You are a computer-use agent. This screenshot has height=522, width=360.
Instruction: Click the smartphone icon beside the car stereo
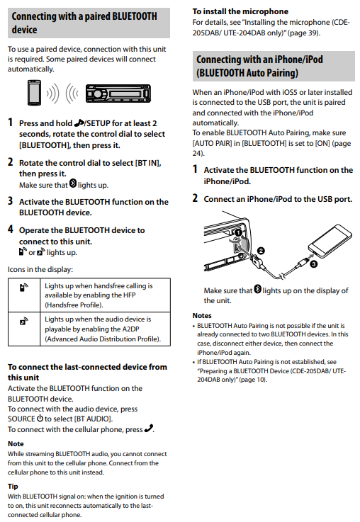click(34, 93)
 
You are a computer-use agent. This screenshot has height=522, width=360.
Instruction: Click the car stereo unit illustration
click(118, 93)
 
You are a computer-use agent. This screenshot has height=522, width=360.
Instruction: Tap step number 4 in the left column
click(11, 229)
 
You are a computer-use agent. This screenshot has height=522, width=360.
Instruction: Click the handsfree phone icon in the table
click(23, 287)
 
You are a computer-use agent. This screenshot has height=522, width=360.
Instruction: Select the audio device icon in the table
click(23, 321)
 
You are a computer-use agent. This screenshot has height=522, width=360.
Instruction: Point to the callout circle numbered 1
click(238, 232)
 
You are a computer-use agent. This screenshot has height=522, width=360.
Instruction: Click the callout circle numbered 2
click(261, 251)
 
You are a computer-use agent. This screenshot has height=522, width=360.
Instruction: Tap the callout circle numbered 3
click(313, 264)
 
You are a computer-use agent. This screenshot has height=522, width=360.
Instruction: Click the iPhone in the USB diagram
click(330, 241)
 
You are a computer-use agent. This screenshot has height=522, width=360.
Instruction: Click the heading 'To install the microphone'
click(240, 11)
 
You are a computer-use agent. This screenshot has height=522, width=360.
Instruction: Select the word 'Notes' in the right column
click(202, 315)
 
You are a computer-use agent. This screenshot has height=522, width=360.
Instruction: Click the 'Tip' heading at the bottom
click(13, 487)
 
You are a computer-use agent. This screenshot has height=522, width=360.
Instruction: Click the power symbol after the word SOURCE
click(40, 418)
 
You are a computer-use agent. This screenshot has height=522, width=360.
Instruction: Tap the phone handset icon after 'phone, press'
click(149, 429)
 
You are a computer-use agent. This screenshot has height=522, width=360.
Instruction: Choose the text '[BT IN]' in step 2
click(148, 163)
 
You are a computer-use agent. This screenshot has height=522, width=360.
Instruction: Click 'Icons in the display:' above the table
click(40, 269)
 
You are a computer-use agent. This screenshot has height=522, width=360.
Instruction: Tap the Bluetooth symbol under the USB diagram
click(258, 289)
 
